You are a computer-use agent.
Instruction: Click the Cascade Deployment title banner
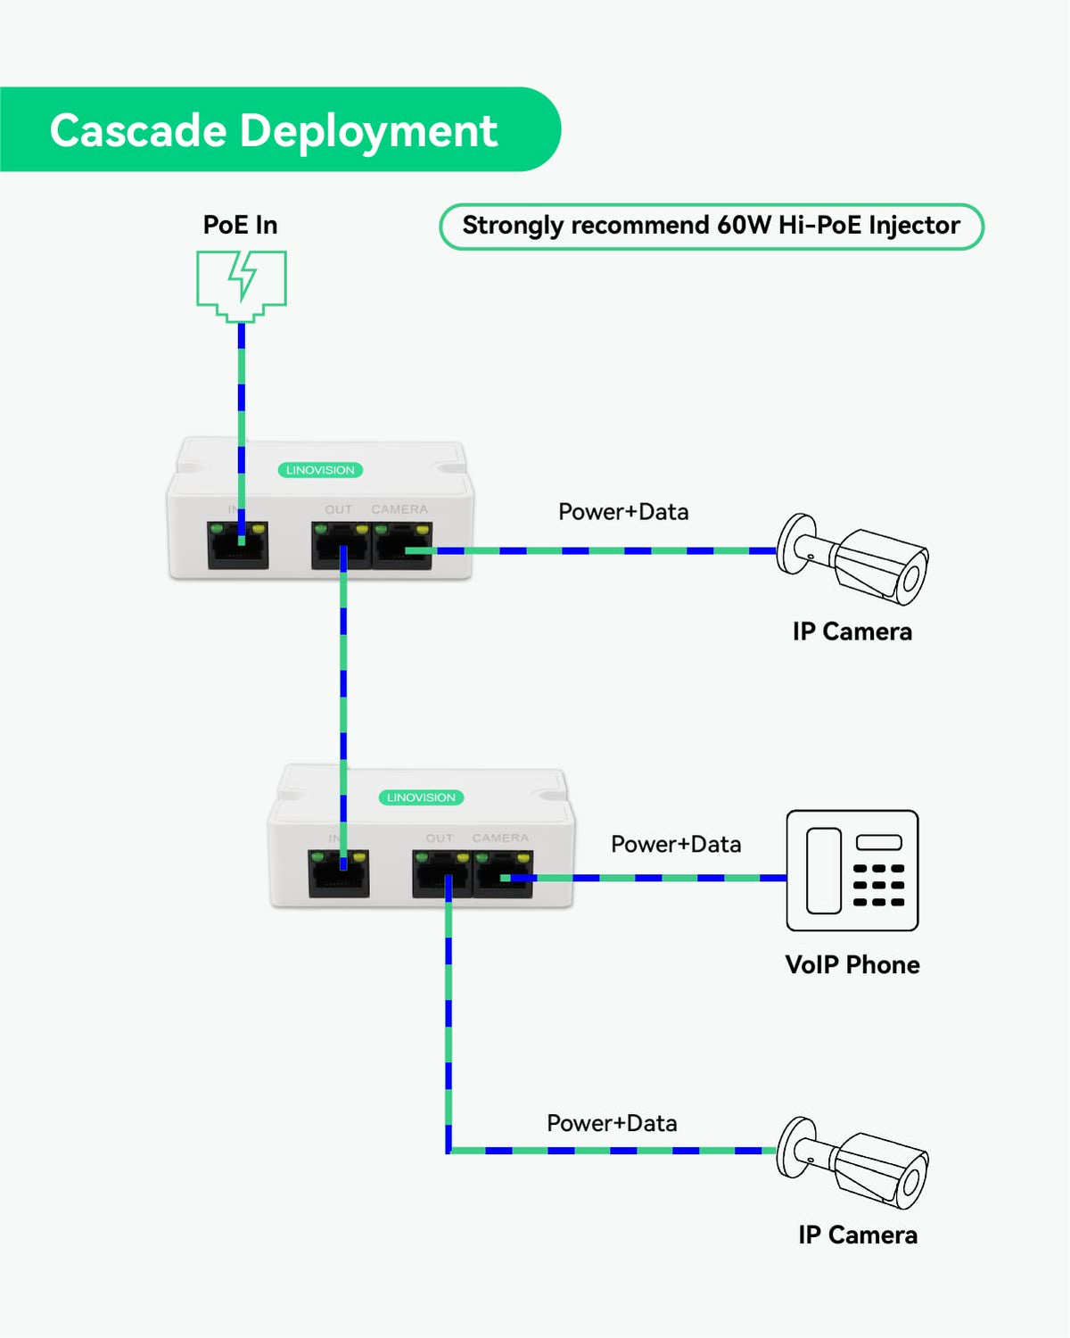pyautogui.click(x=273, y=130)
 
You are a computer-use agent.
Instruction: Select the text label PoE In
pyautogui.click(x=240, y=225)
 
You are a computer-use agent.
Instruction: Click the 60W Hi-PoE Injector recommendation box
pyautogui.click(x=711, y=227)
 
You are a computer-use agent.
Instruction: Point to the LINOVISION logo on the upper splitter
pyautogui.click(x=320, y=470)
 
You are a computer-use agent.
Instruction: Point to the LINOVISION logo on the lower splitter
pyautogui.click(x=421, y=797)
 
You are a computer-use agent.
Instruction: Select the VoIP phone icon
pyautogui.click(x=852, y=871)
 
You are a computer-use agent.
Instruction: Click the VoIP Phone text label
pyautogui.click(x=852, y=965)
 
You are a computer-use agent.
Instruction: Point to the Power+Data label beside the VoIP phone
pyautogui.click(x=676, y=845)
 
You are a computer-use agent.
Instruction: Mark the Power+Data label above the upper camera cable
pyautogui.click(x=623, y=512)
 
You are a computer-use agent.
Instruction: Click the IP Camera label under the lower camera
pyautogui.click(x=858, y=1235)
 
